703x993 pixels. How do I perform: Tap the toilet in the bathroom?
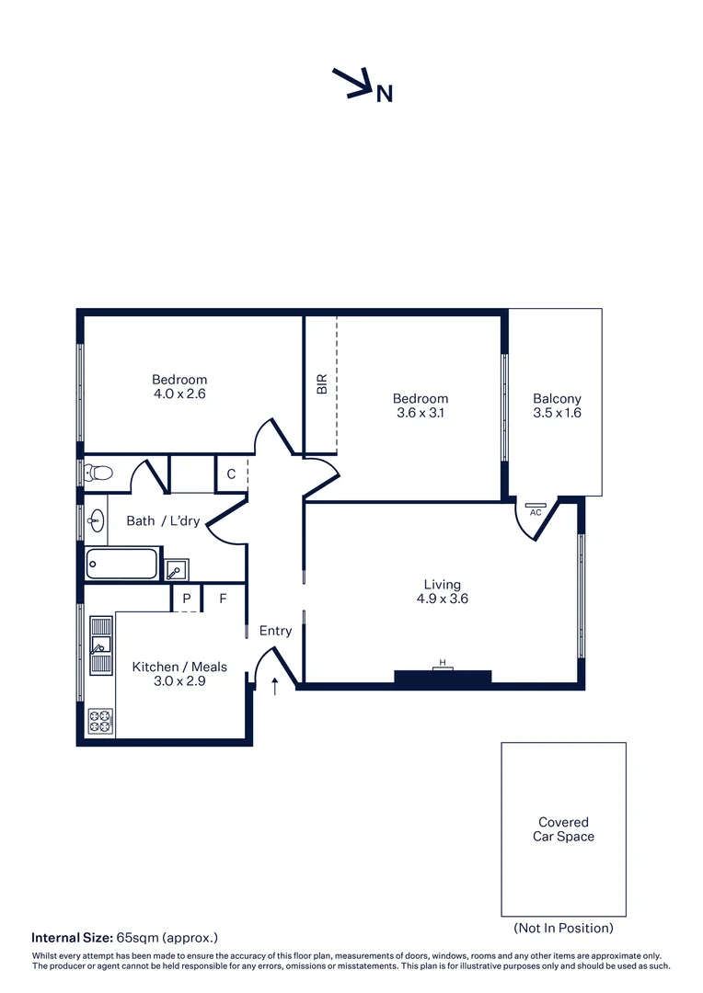pyautogui.click(x=97, y=474)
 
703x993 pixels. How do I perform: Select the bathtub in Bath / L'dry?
pyautogui.click(x=122, y=564)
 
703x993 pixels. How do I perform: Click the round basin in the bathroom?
pyautogui.click(x=95, y=520)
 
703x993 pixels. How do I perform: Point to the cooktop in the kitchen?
pyautogui.click(x=99, y=721)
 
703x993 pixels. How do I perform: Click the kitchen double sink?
pyautogui.click(x=99, y=645)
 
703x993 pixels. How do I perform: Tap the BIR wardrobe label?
pyautogui.click(x=321, y=384)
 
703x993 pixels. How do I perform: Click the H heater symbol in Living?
pyautogui.click(x=443, y=664)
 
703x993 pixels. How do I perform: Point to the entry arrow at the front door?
pyautogui.click(x=274, y=685)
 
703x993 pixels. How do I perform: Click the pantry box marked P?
pyautogui.click(x=187, y=599)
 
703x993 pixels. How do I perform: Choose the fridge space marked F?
pyautogui.click(x=223, y=599)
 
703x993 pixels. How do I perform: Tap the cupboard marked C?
pyautogui.click(x=231, y=474)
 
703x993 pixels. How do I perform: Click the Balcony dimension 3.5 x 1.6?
pyautogui.click(x=557, y=413)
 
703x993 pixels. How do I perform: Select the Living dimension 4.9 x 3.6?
pyautogui.click(x=442, y=599)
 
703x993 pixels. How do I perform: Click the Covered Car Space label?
pyautogui.click(x=563, y=829)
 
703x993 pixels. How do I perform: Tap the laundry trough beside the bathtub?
pyautogui.click(x=176, y=569)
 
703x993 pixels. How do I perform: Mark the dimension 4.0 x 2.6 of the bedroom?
pyautogui.click(x=179, y=394)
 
